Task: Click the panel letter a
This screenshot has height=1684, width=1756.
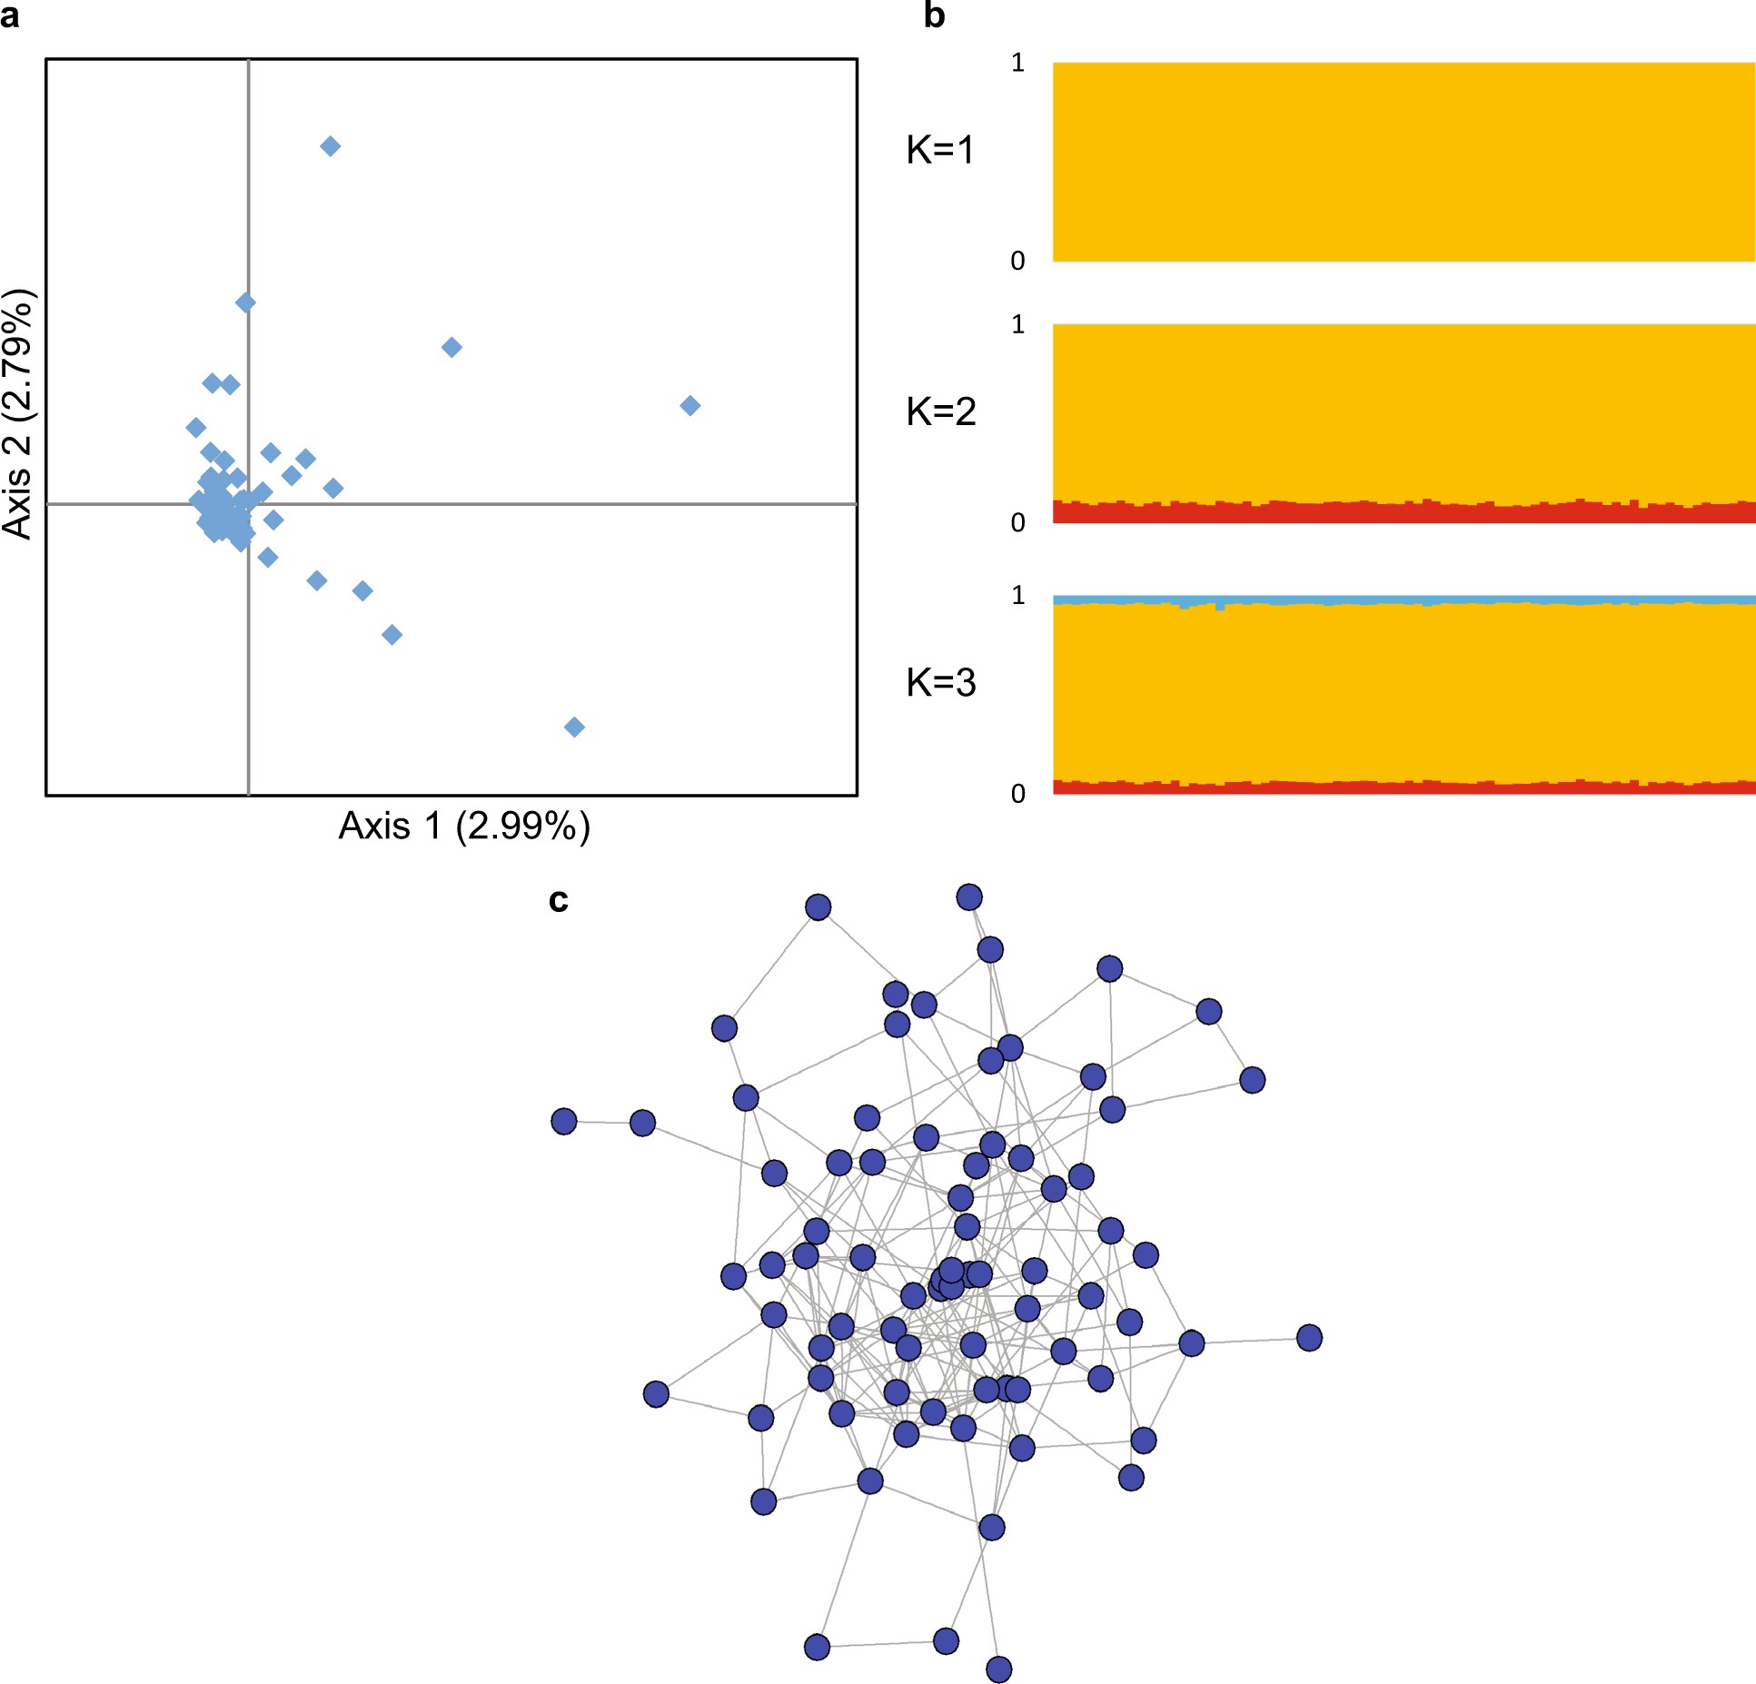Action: point(10,16)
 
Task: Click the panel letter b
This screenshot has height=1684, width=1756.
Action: point(934,15)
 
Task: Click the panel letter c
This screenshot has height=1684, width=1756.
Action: point(558,900)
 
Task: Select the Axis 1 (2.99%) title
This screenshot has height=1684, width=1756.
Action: point(464,827)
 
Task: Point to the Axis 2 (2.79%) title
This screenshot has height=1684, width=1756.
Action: point(18,414)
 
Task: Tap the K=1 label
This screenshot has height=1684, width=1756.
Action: point(940,150)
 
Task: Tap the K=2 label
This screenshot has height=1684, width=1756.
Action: point(940,411)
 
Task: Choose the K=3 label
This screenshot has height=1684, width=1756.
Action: point(940,682)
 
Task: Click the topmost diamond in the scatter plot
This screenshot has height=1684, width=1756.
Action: point(331,146)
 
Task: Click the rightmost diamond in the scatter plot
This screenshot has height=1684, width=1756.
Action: point(690,405)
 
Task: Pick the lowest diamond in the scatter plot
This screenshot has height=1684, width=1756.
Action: point(574,727)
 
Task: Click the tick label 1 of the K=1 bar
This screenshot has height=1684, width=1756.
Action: point(1017,63)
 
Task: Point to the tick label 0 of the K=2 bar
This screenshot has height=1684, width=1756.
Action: point(1017,522)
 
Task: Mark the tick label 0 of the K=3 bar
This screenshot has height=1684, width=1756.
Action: point(1017,793)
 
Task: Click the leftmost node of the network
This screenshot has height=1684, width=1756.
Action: point(564,1121)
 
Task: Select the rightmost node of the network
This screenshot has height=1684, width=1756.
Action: point(1309,1337)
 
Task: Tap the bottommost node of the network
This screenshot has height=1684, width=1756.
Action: point(998,1669)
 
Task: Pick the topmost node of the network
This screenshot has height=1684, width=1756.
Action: point(969,897)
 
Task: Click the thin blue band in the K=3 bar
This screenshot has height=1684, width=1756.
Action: point(1404,599)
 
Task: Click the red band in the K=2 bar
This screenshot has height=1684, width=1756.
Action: point(1404,513)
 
